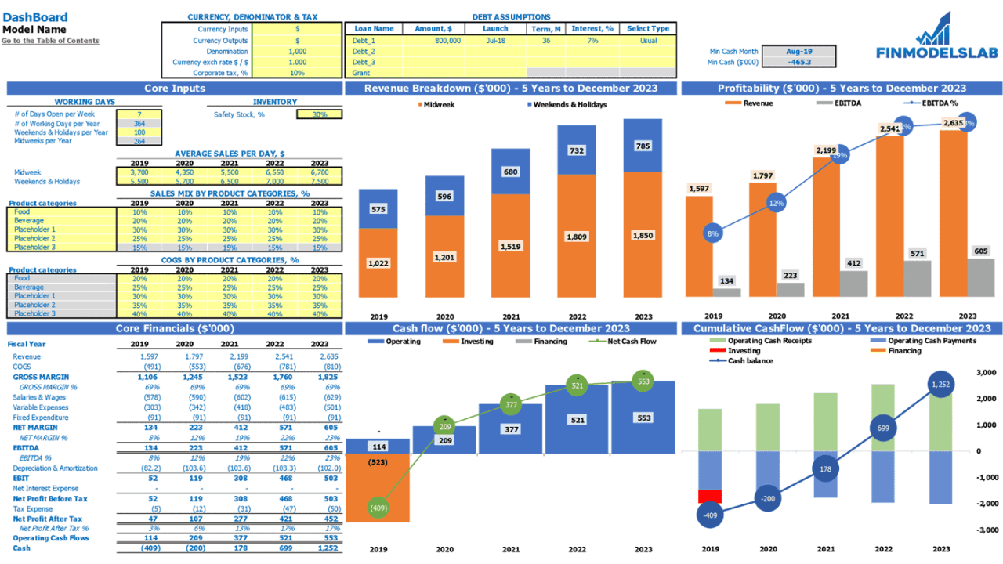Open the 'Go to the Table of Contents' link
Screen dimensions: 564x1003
tap(50, 41)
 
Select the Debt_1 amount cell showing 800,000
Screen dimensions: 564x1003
tap(434, 40)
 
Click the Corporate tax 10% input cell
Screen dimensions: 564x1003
tap(297, 73)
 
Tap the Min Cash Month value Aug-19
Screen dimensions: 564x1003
tap(798, 51)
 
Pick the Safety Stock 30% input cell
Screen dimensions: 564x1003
tap(319, 114)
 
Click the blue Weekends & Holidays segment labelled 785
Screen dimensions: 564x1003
tap(643, 146)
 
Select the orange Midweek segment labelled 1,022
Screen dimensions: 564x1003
tap(378, 263)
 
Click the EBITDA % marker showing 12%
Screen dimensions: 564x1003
tap(776, 204)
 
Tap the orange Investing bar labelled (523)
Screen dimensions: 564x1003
tap(378, 486)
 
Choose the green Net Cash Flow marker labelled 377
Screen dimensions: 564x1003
tap(511, 405)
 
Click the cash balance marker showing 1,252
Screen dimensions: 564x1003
tap(940, 384)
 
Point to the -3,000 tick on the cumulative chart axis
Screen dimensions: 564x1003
tap(985, 530)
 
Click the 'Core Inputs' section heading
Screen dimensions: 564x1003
tap(175, 89)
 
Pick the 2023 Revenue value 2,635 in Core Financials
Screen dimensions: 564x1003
tap(320, 356)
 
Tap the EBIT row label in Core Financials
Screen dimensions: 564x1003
tap(20, 478)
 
